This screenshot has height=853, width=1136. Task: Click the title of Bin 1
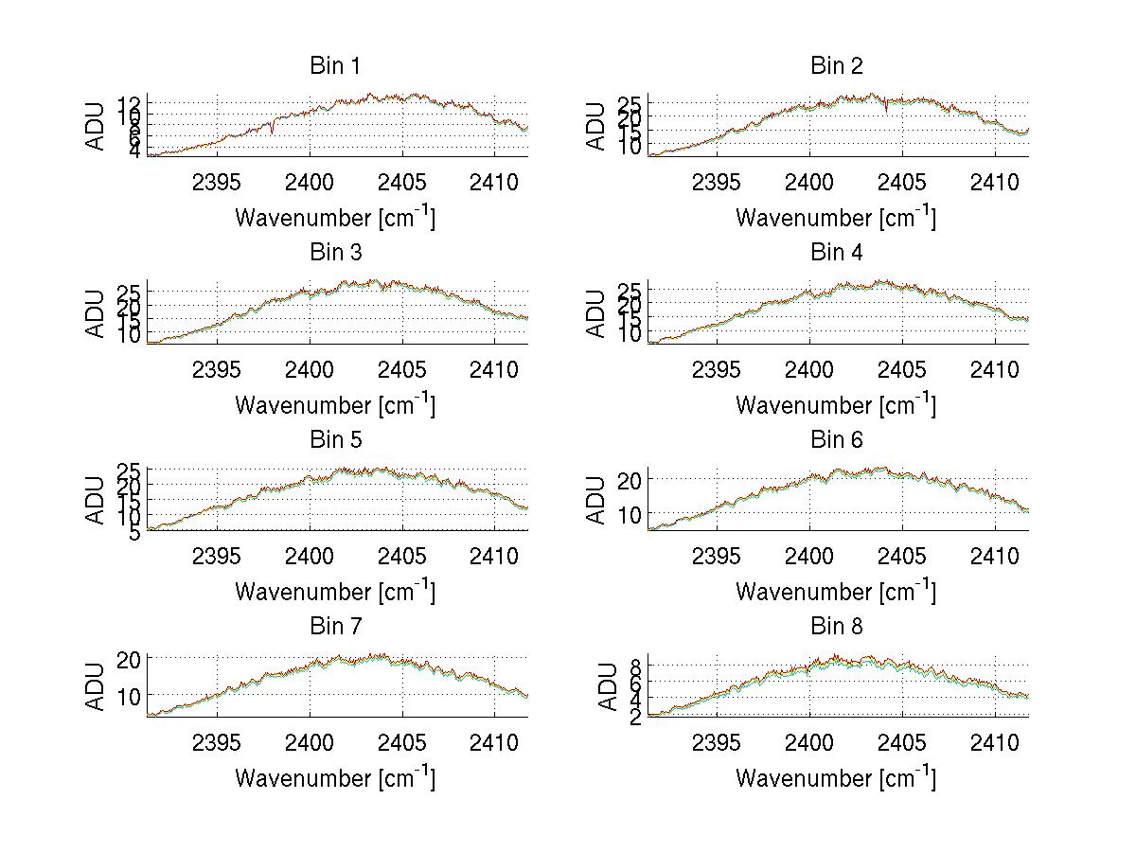tap(335, 66)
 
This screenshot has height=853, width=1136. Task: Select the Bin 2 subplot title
tap(837, 66)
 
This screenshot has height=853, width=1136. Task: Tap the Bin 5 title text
tap(335, 440)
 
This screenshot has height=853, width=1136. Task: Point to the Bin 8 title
tap(837, 627)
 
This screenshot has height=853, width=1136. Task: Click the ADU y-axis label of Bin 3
tap(96, 313)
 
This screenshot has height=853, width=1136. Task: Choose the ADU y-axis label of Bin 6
tap(596, 500)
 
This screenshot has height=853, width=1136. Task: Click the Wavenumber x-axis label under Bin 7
tap(335, 777)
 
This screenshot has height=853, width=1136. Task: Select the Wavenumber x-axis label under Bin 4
tap(836, 404)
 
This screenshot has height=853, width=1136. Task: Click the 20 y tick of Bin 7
tap(129, 660)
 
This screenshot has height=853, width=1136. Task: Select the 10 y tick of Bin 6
tap(630, 514)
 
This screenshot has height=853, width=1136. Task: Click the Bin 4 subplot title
tap(837, 253)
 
